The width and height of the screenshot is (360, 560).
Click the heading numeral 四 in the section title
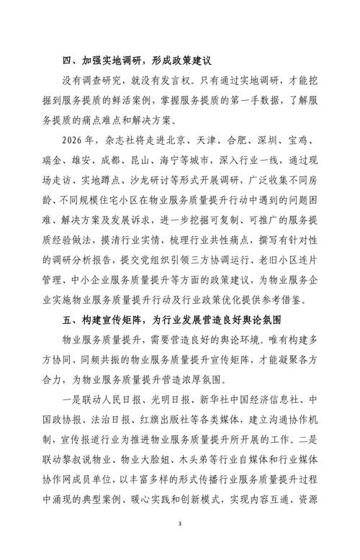(x=71, y=62)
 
